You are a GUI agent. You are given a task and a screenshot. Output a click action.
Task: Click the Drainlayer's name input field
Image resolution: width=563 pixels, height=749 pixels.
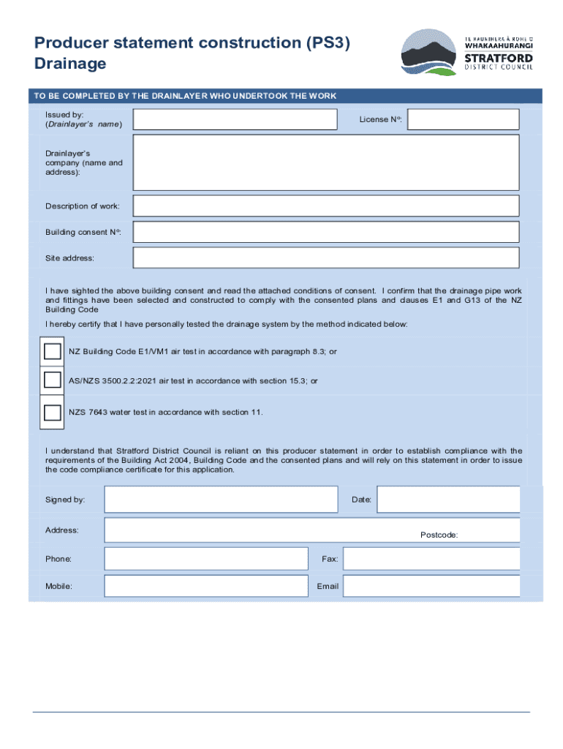coord(235,119)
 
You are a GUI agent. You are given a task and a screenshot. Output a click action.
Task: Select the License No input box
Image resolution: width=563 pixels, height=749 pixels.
coord(463,119)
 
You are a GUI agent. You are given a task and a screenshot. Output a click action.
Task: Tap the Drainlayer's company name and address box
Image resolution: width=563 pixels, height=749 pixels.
coord(325,162)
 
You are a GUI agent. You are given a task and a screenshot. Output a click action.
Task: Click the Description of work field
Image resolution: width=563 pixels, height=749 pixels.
coord(325,206)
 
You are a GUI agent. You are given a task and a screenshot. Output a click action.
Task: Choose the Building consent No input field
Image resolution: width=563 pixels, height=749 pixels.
coord(325,232)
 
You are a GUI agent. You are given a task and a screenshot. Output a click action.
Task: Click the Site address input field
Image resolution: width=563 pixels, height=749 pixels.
coord(325,257)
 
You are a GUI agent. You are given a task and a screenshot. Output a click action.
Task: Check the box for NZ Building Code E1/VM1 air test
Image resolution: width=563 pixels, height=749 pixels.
coord(53,351)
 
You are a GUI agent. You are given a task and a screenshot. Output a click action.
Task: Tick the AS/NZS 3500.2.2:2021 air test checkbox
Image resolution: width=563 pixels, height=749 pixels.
coord(53,380)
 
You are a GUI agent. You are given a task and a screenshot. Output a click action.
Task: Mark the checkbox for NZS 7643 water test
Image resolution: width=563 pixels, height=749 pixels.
coord(53,412)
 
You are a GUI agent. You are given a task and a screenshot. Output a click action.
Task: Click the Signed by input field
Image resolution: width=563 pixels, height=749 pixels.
coord(221,499)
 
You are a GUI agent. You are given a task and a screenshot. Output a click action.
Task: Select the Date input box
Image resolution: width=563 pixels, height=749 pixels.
coord(448,499)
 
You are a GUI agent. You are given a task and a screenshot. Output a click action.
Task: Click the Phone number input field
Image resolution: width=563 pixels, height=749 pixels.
coord(206,559)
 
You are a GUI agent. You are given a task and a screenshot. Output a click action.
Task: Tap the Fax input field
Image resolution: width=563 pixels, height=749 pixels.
coord(431,559)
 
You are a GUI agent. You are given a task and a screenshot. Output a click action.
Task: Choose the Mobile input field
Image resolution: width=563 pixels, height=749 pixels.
coord(206,586)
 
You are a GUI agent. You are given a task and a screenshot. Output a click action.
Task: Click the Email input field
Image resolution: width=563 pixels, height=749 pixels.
coord(431,586)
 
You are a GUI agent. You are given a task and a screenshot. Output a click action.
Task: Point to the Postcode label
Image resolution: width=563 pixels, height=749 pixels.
coord(439,535)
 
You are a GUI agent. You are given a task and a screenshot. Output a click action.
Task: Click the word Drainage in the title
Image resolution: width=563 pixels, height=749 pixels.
coord(70,64)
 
